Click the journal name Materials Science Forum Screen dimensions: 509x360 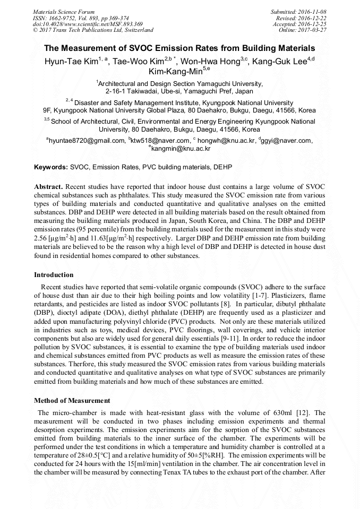point(64,11)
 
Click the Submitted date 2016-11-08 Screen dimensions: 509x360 point(311,11)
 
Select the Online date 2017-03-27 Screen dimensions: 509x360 point(311,30)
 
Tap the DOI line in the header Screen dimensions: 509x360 point(88,24)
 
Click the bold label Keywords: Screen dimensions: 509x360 point(51,167)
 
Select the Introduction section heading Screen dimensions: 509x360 point(54,275)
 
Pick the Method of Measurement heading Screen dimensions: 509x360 point(72,401)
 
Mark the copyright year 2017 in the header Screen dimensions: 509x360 point(46,30)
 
